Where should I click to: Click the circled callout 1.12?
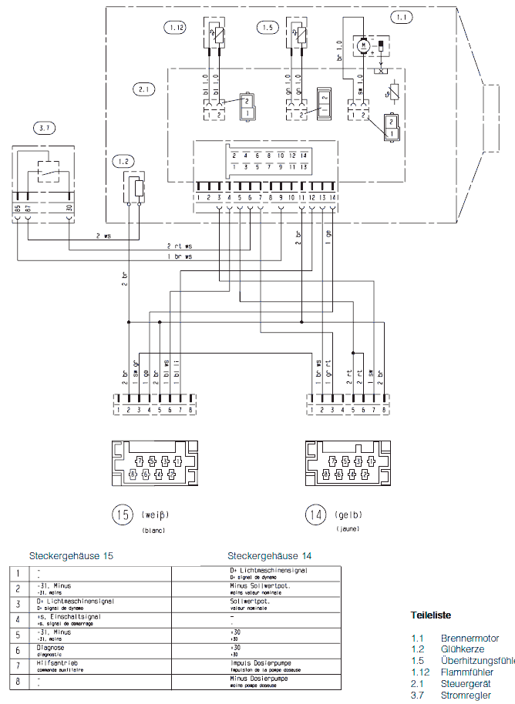click(x=176, y=28)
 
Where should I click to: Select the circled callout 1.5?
click(x=266, y=28)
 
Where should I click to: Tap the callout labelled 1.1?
click(x=402, y=16)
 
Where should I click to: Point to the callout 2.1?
click(x=143, y=89)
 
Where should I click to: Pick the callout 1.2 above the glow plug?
click(x=122, y=161)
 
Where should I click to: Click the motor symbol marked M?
click(x=360, y=46)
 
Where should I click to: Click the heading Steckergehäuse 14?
click(x=270, y=556)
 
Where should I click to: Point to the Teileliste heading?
click(x=430, y=615)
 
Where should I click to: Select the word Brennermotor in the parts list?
click(x=470, y=639)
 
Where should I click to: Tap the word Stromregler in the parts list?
click(x=466, y=696)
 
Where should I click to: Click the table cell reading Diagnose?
click(x=52, y=648)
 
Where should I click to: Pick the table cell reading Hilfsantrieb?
click(x=59, y=663)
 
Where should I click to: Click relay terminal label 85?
click(x=17, y=209)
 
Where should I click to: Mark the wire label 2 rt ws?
click(x=179, y=246)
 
